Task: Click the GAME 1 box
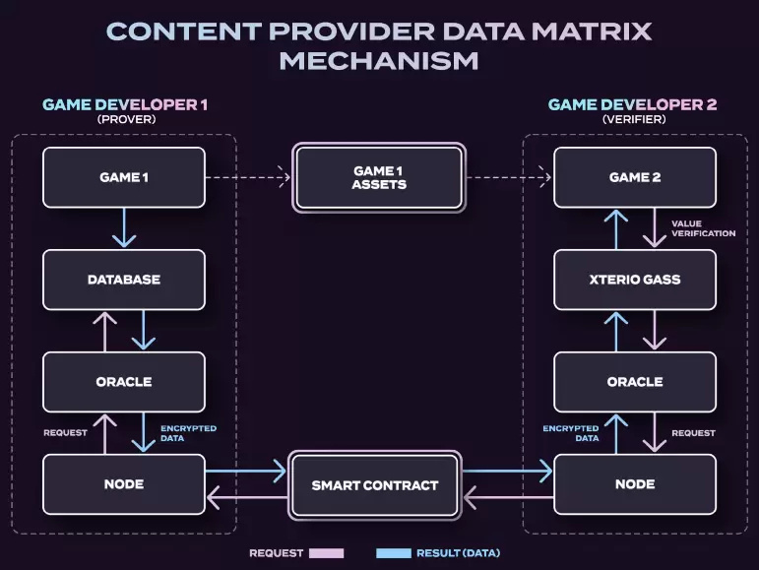[124, 177]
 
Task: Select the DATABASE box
[124, 280]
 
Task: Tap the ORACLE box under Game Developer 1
[124, 382]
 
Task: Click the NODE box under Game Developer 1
[124, 484]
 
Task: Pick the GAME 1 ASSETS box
[379, 178]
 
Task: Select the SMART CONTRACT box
[375, 485]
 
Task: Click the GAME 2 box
[635, 177]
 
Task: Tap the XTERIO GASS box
[635, 280]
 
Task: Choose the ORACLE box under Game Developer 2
[635, 382]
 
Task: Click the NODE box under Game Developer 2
[635, 484]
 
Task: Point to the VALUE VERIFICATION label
[703, 227]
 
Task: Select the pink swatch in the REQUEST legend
[326, 553]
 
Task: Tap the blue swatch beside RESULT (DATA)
[393, 553]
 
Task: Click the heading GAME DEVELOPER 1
[125, 104]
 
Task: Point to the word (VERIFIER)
[633, 119]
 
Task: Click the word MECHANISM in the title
[379, 60]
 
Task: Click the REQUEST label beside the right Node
[693, 433]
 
